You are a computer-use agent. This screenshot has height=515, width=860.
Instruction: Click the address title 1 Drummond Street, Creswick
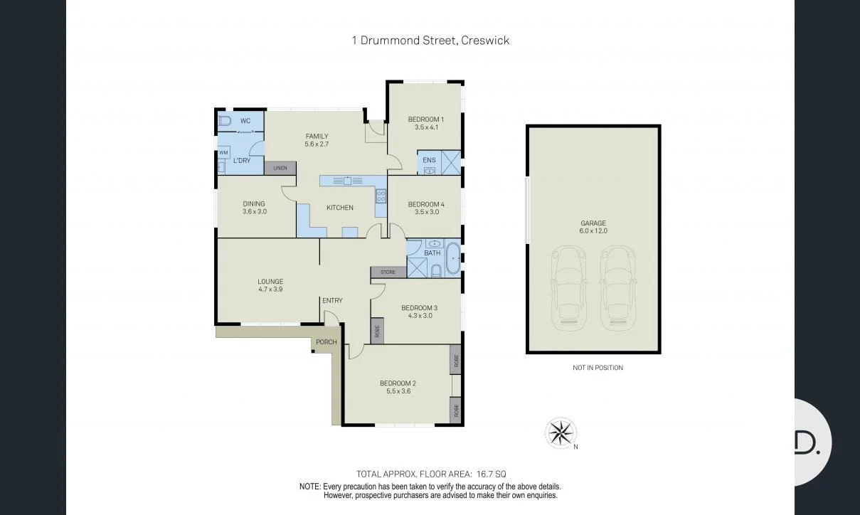pyautogui.click(x=430, y=41)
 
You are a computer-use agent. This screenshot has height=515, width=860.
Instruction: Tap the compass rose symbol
pyautogui.click(x=561, y=432)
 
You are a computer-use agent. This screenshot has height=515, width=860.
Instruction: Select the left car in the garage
pyautogui.click(x=569, y=288)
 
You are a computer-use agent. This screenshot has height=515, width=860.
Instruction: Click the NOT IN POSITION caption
pyautogui.click(x=598, y=368)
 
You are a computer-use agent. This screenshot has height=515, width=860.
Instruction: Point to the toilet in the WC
pyautogui.click(x=225, y=121)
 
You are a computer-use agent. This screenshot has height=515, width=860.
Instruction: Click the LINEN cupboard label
pyautogui.click(x=280, y=169)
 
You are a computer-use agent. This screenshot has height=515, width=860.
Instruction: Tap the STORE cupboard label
pyautogui.click(x=388, y=272)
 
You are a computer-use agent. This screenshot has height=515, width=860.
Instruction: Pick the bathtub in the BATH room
pyautogui.click(x=452, y=257)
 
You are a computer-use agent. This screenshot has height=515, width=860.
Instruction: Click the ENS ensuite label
pyautogui.click(x=429, y=160)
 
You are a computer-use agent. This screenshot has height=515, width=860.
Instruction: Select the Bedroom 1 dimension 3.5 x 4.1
pyautogui.click(x=426, y=128)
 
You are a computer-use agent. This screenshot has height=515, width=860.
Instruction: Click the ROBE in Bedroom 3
pyautogui.click(x=377, y=331)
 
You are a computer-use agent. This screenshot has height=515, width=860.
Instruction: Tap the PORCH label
pyautogui.click(x=327, y=342)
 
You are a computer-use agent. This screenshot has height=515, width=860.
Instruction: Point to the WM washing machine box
pyautogui.click(x=223, y=152)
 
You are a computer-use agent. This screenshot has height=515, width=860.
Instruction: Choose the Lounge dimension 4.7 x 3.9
pyautogui.click(x=270, y=290)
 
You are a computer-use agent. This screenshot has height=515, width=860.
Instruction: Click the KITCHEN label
pyautogui.click(x=340, y=208)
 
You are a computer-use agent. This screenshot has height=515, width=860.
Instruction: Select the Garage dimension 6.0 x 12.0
pyautogui.click(x=593, y=231)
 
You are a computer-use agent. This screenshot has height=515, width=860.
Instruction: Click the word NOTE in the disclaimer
pyautogui.click(x=309, y=487)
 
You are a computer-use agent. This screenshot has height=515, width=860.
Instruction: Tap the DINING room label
pyautogui.click(x=254, y=203)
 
